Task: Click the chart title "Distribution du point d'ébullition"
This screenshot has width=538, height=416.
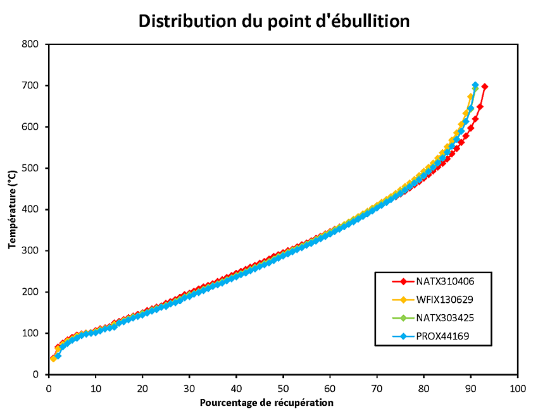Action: (274, 21)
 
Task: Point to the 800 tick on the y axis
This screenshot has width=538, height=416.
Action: (30, 44)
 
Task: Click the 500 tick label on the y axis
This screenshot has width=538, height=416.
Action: (30, 168)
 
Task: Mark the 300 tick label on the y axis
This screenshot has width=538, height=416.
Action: (30, 251)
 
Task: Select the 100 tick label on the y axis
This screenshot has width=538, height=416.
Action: (30, 333)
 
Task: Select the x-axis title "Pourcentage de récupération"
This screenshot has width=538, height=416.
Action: (266, 403)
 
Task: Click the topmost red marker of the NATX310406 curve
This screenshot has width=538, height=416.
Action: (485, 87)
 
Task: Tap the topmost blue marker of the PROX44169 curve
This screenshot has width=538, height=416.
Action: (475, 85)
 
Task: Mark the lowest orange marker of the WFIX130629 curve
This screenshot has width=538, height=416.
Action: (53, 358)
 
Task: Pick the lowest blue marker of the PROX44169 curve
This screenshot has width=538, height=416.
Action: (58, 356)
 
